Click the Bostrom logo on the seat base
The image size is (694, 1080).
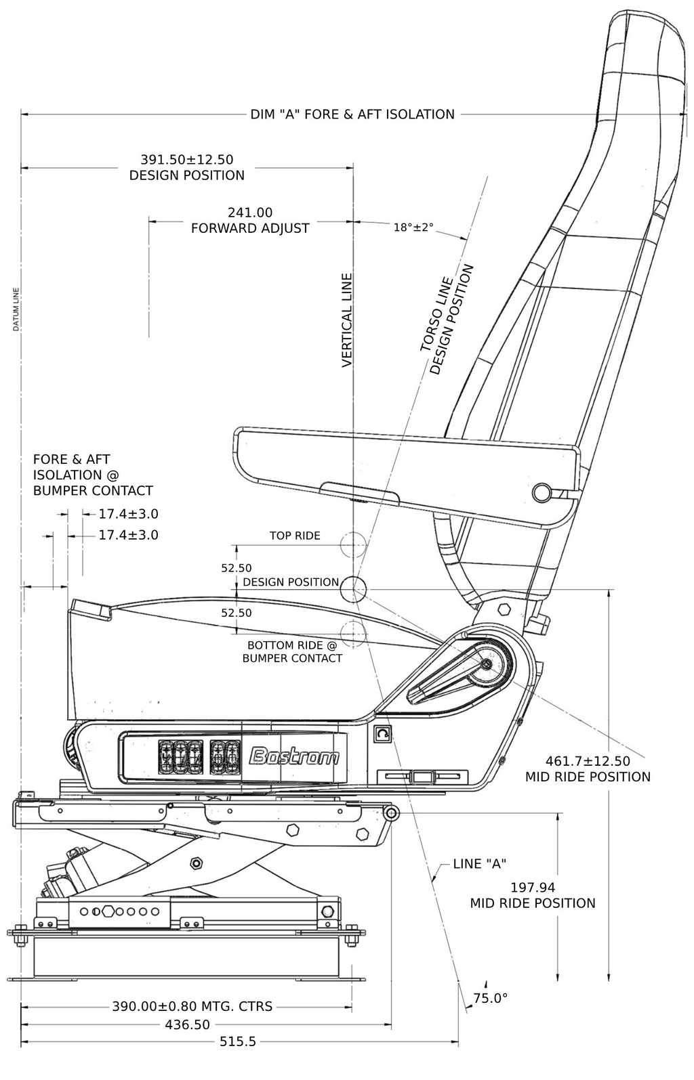point(295,756)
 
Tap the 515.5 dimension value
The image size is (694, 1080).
point(237,1041)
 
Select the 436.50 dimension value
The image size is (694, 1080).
point(187,1024)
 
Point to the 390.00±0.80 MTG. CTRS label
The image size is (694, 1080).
point(192,1006)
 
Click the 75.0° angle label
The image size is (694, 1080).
point(490,997)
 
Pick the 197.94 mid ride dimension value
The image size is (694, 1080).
point(532,887)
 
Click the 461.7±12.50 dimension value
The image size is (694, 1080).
point(588,761)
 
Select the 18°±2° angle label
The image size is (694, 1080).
point(413,228)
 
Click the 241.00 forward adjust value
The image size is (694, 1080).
point(249,212)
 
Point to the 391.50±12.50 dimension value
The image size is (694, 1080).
point(186,160)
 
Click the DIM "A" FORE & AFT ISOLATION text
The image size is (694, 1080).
point(352,114)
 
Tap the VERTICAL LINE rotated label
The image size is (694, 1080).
point(347,320)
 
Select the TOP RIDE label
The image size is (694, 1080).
point(295,536)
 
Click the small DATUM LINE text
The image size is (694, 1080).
point(16,310)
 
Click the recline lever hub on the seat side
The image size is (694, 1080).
point(487,664)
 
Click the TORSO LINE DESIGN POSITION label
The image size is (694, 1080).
point(445,320)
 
